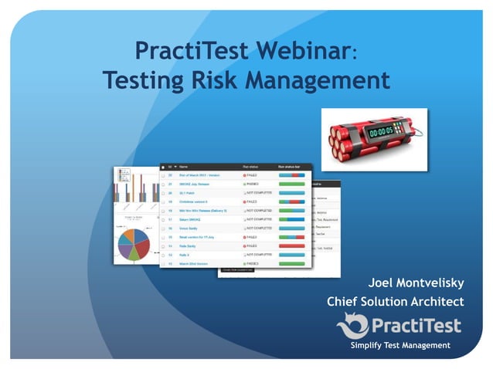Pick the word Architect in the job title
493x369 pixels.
tap(437, 301)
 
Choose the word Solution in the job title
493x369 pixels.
tap(388, 301)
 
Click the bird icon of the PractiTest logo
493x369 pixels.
tap(352, 325)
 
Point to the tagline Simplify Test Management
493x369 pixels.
tap(399, 345)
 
